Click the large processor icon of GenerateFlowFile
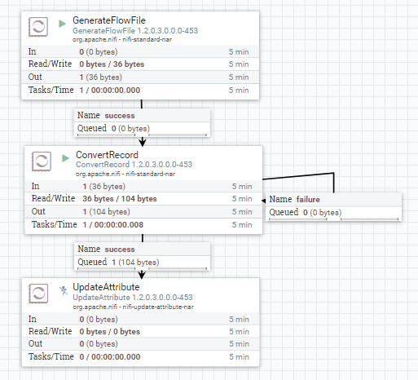coord(38,27)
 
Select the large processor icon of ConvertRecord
coord(38,161)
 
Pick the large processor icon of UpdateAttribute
coord(38,294)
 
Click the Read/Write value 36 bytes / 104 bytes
coord(118,198)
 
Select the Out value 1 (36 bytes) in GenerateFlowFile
coord(98,77)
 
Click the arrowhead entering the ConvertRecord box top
coord(143,142)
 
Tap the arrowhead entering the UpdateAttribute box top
coord(143,274)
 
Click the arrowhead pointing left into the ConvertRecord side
coord(264,200)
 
